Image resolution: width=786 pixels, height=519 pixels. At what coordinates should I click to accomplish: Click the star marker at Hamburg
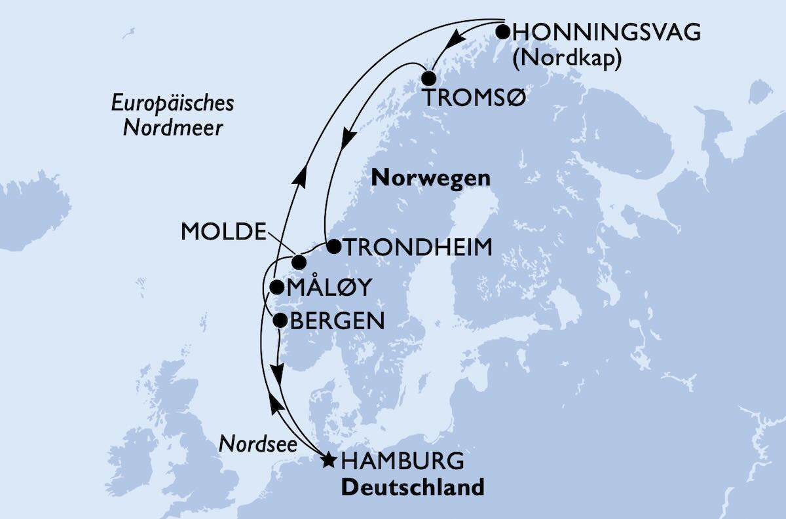tap(329, 461)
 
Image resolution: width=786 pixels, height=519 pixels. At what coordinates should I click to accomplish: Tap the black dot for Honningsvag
tap(502, 31)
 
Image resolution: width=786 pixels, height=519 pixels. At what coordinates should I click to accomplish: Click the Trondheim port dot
tap(333, 247)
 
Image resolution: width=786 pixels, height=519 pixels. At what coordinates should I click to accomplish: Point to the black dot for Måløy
tap(276, 287)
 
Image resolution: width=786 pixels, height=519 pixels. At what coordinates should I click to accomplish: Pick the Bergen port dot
tap(280, 320)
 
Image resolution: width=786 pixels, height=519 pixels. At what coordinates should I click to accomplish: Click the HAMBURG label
tap(403, 461)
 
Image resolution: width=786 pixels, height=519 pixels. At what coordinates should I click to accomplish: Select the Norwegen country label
tap(430, 177)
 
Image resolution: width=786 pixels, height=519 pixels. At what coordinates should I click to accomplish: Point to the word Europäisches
tap(172, 103)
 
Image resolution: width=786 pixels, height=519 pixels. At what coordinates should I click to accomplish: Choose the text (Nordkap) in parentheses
tap(567, 58)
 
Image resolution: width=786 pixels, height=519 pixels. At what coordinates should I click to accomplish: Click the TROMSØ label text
tap(475, 99)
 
